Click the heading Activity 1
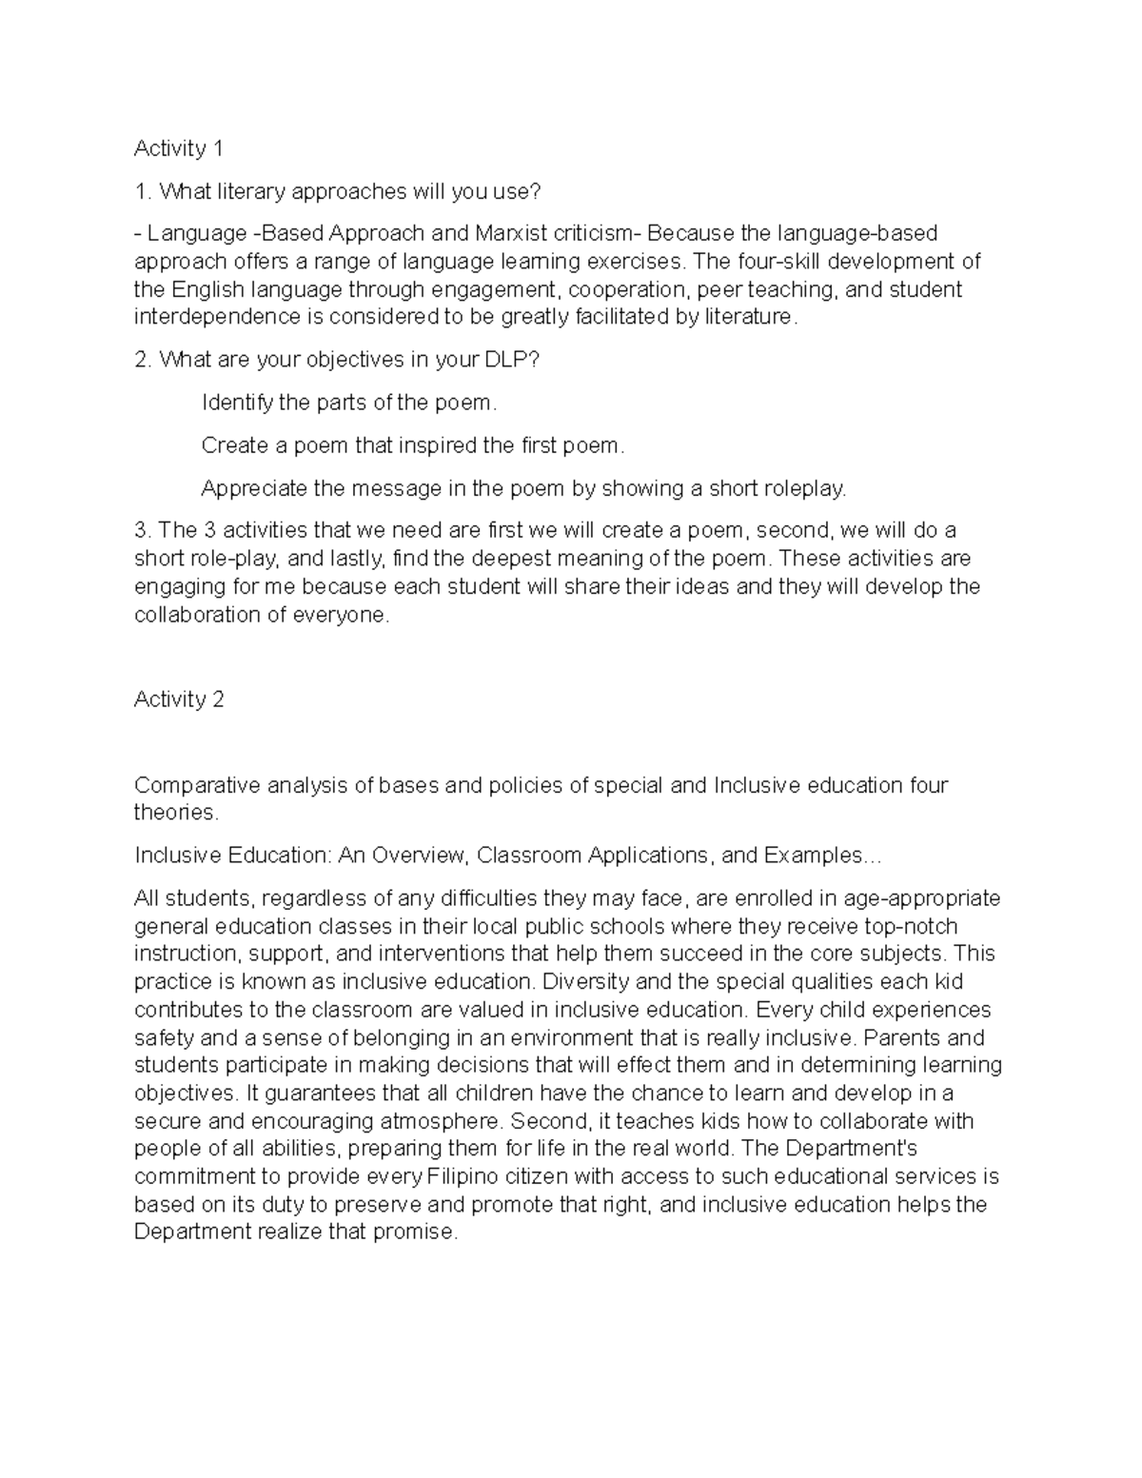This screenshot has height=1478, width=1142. coord(178,148)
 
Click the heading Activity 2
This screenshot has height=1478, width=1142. coord(178,700)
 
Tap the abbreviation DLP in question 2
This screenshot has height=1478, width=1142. coord(518,360)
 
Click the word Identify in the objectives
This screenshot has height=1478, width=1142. coord(237,403)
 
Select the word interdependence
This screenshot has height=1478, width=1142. coord(207,317)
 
